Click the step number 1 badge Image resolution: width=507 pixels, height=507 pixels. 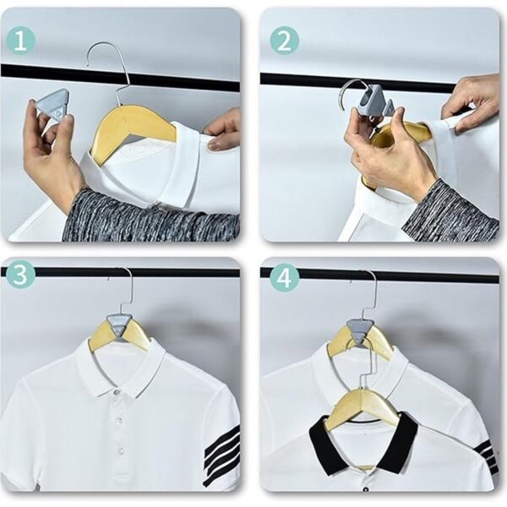point(21,40)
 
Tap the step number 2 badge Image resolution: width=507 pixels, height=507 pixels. point(284,40)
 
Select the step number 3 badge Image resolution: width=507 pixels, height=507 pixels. point(21,275)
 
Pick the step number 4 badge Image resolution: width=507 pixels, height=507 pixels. point(284,275)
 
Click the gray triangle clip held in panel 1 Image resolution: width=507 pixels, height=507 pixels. point(52,106)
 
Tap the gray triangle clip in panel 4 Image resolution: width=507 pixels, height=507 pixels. point(359,330)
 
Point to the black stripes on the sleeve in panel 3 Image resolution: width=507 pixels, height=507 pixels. point(222,453)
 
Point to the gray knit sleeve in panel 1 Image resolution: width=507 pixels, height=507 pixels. point(144,215)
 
